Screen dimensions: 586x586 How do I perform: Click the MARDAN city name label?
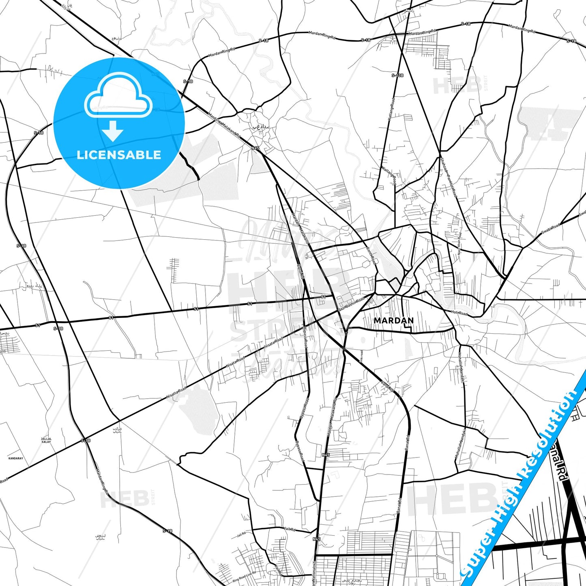[x=394, y=320]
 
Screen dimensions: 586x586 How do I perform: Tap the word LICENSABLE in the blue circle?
[x=119, y=155]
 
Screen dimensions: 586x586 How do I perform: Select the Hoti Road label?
[x=459, y=313]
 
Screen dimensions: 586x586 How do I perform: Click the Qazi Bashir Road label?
[x=351, y=304]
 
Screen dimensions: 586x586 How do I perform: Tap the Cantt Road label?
[x=371, y=255]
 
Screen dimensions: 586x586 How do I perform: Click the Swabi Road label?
[x=551, y=229]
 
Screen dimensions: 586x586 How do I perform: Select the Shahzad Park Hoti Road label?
[x=449, y=178]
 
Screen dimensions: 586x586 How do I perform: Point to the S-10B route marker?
[x=397, y=75]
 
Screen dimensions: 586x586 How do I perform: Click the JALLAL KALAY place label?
[x=46, y=440]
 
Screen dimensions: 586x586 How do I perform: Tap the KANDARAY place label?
[x=16, y=458]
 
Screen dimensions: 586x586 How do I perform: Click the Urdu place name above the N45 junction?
[x=261, y=127]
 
